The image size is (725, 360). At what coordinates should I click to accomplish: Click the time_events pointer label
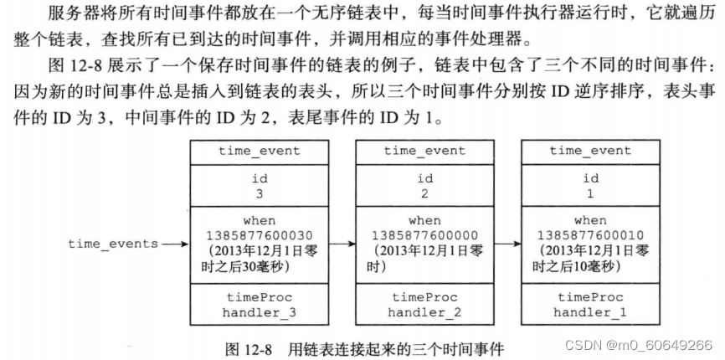[113, 244]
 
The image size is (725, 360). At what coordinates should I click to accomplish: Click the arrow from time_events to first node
[174, 244]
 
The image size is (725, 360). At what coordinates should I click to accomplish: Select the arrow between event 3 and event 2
[341, 244]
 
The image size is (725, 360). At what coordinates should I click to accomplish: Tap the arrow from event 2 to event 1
[506, 244]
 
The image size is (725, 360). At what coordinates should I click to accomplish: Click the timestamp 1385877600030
[260, 234]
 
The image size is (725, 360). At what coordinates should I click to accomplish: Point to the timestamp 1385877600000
[424, 234]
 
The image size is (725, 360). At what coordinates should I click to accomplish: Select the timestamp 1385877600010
[590, 234]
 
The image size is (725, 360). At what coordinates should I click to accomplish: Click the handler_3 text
[260, 312]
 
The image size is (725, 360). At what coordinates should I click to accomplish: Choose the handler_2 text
[424, 312]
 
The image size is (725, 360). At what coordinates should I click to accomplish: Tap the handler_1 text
[590, 312]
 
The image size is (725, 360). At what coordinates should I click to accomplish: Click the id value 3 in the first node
[260, 193]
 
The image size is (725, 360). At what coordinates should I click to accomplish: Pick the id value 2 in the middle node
[424, 193]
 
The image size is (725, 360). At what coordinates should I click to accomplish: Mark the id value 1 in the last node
[590, 193]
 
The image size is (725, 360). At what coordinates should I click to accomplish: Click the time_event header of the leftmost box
[260, 151]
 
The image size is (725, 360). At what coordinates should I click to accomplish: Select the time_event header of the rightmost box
[590, 151]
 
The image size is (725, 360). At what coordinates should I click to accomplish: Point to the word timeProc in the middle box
[424, 297]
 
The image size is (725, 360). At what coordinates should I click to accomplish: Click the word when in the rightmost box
[590, 220]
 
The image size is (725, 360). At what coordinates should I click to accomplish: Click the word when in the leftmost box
[260, 220]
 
